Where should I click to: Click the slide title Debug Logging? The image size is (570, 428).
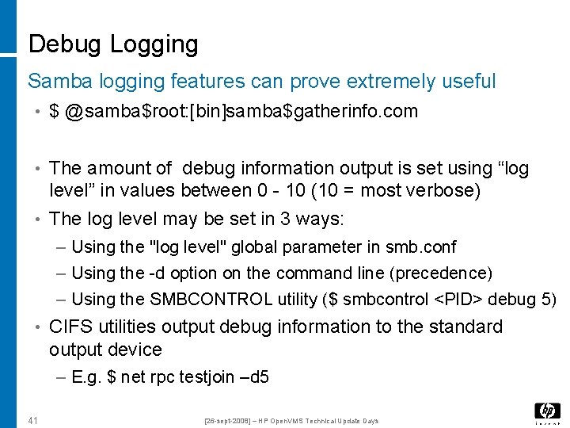(112, 44)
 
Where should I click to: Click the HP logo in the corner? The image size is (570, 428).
(547, 411)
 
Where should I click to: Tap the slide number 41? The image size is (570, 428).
(33, 420)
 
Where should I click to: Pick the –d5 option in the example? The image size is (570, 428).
(254, 378)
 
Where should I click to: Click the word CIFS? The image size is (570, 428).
(68, 327)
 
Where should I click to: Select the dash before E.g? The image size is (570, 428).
(63, 378)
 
